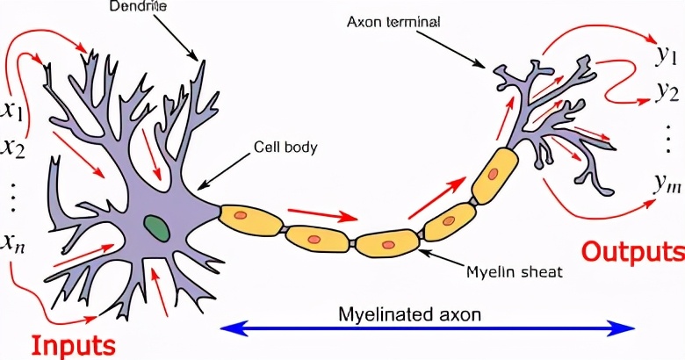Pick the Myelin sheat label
click(514, 272)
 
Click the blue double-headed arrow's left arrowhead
click(230, 328)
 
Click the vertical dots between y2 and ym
click(667, 138)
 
